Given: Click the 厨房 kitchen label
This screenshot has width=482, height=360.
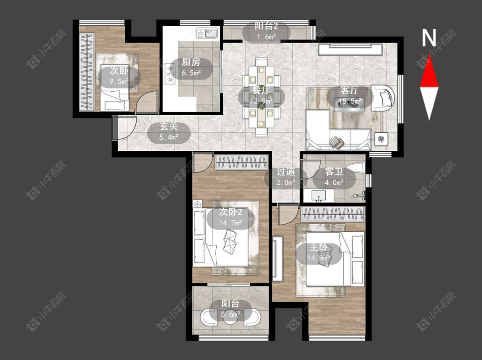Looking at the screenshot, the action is coord(191,62).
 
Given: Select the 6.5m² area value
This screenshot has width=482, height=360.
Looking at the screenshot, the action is coord(191,73).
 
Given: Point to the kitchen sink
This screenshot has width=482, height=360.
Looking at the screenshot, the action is coord(207,33).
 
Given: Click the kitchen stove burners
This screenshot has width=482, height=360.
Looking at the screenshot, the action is coord(169,74).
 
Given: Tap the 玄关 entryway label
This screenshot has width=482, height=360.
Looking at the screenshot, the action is coord(169,126).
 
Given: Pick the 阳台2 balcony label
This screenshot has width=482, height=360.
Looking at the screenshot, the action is coord(266,26).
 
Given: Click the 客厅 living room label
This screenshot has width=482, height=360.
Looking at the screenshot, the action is coord(350,90).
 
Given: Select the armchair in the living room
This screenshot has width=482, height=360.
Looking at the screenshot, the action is coord(383,98).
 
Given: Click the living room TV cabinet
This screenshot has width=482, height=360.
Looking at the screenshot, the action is coord(350,49).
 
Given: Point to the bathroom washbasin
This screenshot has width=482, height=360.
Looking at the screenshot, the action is coord(318,195).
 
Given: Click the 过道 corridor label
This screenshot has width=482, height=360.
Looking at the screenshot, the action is coord(286,172).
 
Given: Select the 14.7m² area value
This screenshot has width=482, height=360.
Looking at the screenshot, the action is coord(230,222).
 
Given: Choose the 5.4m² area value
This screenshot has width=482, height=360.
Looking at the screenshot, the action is coord(169,137).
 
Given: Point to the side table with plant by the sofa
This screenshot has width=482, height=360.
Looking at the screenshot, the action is coord(381,139).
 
